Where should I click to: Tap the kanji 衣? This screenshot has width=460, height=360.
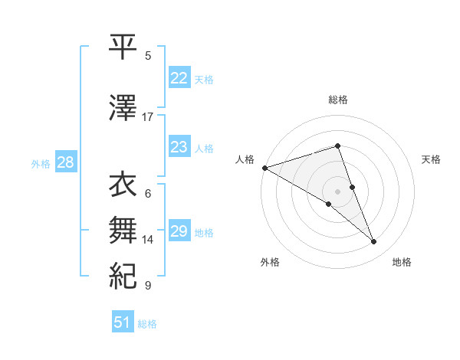(123, 185)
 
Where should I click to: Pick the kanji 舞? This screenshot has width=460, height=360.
(123, 227)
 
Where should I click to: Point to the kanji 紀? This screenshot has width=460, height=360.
(123, 273)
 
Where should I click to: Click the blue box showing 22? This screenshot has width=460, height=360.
(179, 78)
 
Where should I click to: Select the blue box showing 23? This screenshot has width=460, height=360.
(179, 147)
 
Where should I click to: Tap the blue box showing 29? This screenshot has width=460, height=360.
(179, 231)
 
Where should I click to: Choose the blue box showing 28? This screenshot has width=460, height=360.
(65, 162)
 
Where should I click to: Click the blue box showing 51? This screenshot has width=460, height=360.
(123, 322)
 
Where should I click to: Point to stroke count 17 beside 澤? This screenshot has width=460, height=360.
(148, 117)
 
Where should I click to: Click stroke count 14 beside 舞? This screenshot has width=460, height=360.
(148, 240)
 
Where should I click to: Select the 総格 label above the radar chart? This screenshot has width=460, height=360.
(338, 100)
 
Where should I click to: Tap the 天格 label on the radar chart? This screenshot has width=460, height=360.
(432, 159)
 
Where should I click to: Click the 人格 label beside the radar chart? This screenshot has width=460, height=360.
(245, 159)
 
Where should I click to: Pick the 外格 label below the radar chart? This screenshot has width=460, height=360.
(270, 262)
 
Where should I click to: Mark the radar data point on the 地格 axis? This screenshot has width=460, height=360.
(374, 242)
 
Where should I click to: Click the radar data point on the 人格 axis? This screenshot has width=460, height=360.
(264, 168)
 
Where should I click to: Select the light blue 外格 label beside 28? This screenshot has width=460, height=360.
(41, 163)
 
